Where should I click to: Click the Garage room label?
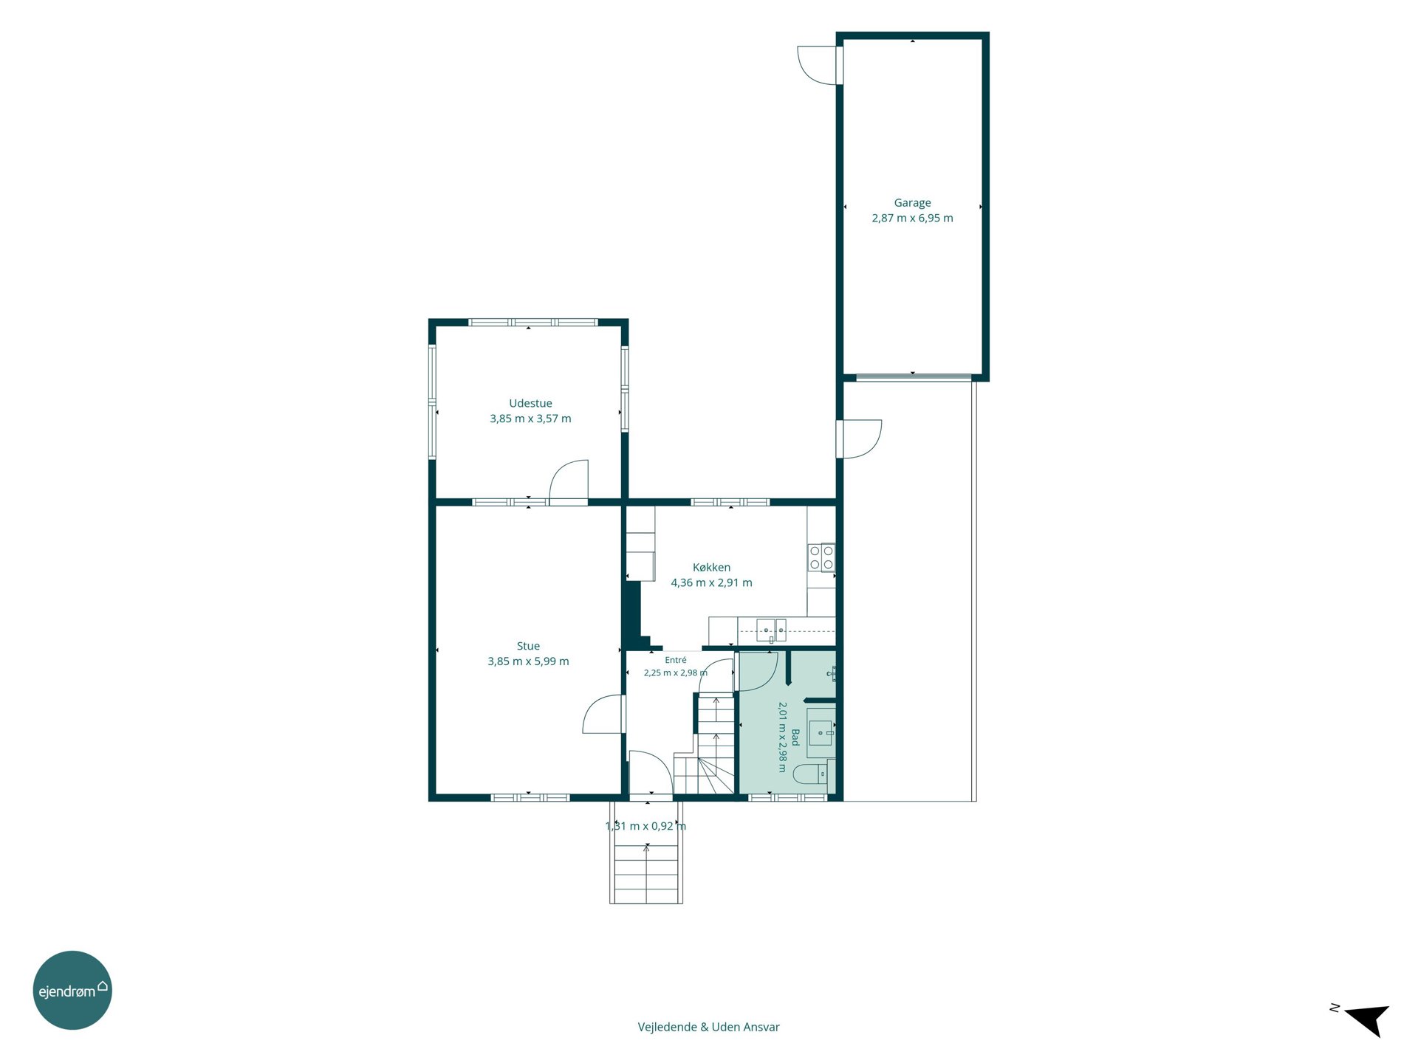tap(912, 203)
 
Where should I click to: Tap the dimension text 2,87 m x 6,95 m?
tap(912, 219)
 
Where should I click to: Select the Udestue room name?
tap(530, 403)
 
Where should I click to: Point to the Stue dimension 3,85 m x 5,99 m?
tap(528, 661)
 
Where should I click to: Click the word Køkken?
tap(711, 567)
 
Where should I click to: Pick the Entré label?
tap(676, 660)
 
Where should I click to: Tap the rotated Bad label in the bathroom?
tap(795, 737)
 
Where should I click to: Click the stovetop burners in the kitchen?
tap(821, 557)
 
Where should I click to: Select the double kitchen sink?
tap(771, 630)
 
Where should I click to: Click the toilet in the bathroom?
tap(809, 774)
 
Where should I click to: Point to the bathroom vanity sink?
tap(821, 733)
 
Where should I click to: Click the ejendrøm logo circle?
tap(72, 990)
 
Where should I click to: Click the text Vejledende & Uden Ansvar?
tap(709, 1027)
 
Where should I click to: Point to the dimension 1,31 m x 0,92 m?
tap(646, 826)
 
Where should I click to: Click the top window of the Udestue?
tap(533, 323)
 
